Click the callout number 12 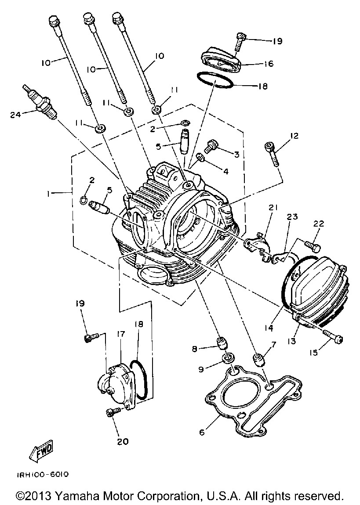295,136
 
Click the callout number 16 268,63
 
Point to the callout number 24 16,114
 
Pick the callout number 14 269,328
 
